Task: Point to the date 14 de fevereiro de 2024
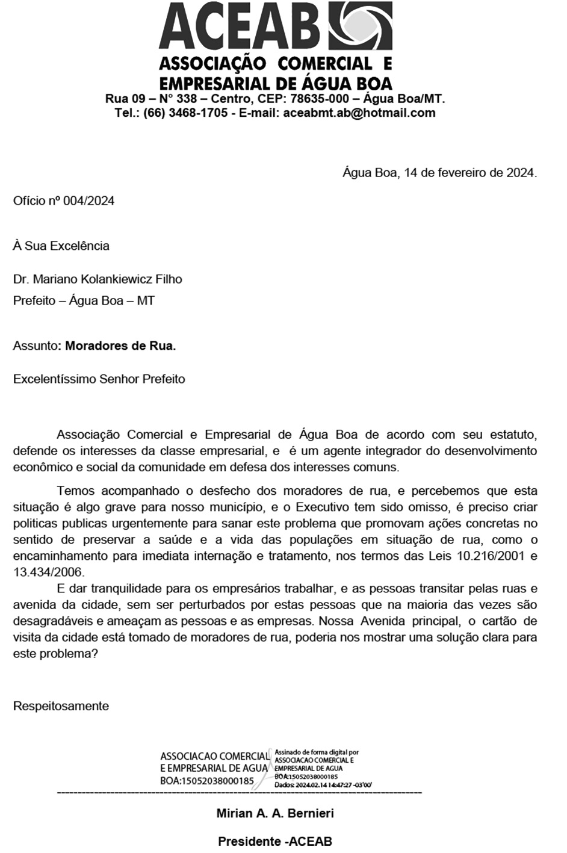click(x=469, y=173)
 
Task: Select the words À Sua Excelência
click(x=61, y=246)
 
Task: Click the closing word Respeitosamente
click(x=61, y=706)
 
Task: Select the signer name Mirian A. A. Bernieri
click(x=275, y=814)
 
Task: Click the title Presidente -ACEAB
click(x=275, y=841)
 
